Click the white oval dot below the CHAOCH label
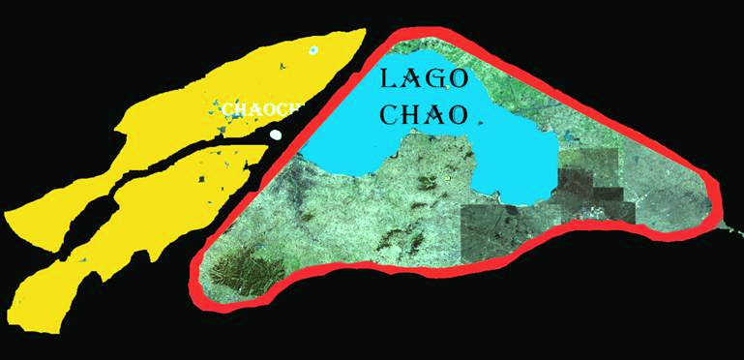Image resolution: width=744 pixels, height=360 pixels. click(276, 135)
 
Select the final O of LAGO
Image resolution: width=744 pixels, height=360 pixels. click(461, 80)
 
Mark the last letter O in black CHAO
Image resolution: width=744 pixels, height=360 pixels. click(460, 115)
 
